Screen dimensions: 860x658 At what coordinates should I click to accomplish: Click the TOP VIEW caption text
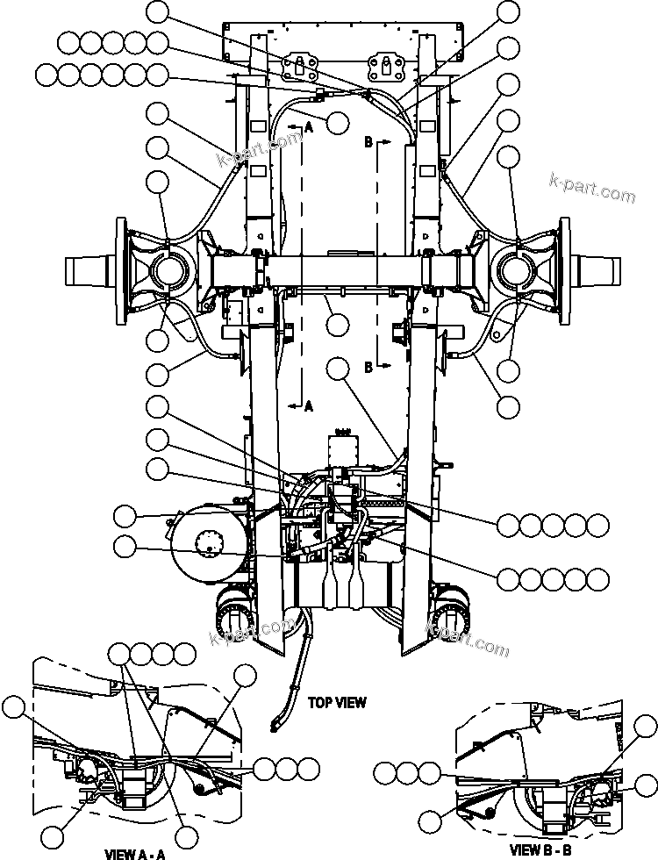(337, 702)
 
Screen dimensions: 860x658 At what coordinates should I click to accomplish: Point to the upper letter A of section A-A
(308, 126)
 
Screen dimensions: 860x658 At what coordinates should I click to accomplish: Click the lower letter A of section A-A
(308, 405)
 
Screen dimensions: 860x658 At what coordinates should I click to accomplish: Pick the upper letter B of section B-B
(368, 140)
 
